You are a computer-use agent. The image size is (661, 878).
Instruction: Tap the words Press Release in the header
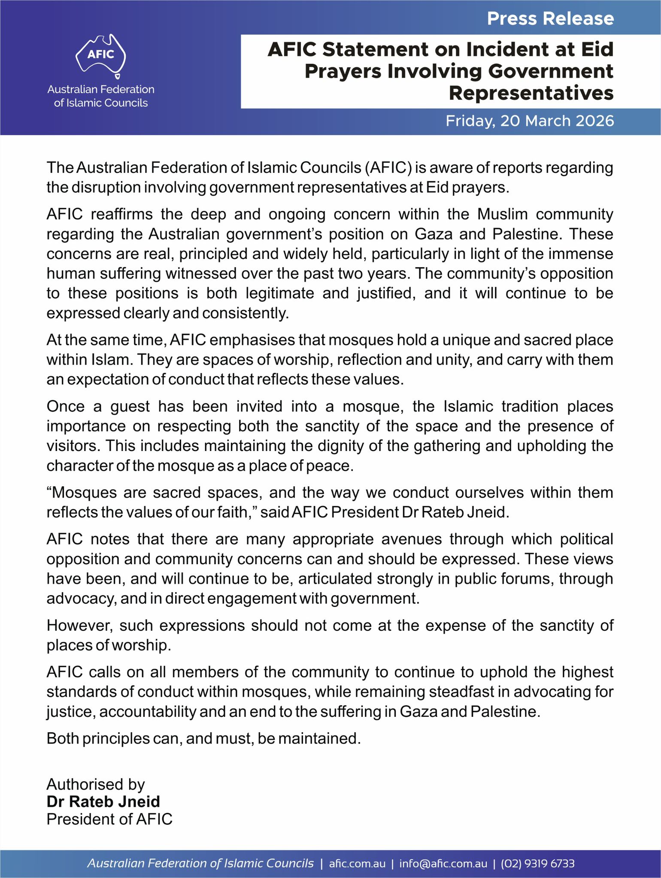(550, 18)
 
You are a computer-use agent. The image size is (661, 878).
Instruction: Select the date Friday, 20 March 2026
(530, 121)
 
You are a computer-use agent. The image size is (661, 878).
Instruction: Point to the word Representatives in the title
(531, 93)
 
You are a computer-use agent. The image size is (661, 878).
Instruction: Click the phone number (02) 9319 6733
(538, 863)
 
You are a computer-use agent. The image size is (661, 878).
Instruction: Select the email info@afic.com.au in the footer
(443, 863)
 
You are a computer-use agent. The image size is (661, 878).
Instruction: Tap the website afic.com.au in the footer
(357, 863)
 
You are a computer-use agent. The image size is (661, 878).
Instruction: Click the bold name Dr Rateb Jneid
(103, 801)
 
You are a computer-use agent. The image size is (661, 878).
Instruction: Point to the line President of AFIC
(109, 819)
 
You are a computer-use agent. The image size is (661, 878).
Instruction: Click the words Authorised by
(95, 784)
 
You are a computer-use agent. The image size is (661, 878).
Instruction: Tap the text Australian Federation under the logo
(101, 89)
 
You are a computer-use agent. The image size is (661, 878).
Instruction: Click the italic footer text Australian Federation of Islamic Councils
(200, 863)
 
